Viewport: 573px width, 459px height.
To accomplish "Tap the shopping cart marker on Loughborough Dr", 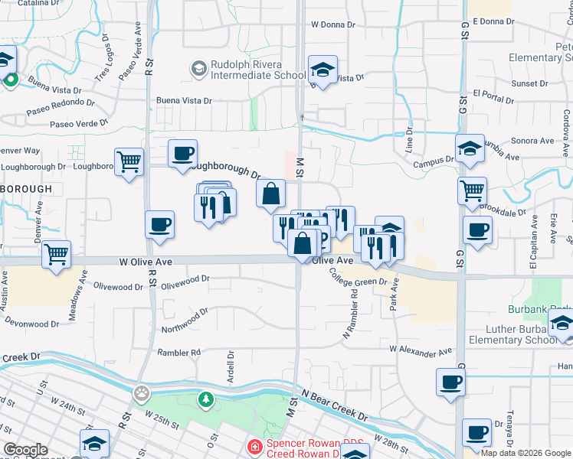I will pos(129,161).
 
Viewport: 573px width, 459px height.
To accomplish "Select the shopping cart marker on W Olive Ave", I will pos(57,253).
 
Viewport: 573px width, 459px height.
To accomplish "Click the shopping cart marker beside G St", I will pos(473,191).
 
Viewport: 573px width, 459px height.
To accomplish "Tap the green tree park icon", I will pos(205,399).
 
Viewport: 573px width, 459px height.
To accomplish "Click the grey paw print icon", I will pos(141,394).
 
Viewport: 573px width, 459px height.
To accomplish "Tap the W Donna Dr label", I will pos(333,24).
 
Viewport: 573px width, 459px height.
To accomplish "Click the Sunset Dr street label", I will pos(530,83).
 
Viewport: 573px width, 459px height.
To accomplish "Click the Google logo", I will pos(25,450).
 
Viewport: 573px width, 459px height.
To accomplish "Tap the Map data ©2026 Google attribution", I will pos(525,453).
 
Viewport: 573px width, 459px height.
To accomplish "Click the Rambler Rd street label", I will pos(178,353).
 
